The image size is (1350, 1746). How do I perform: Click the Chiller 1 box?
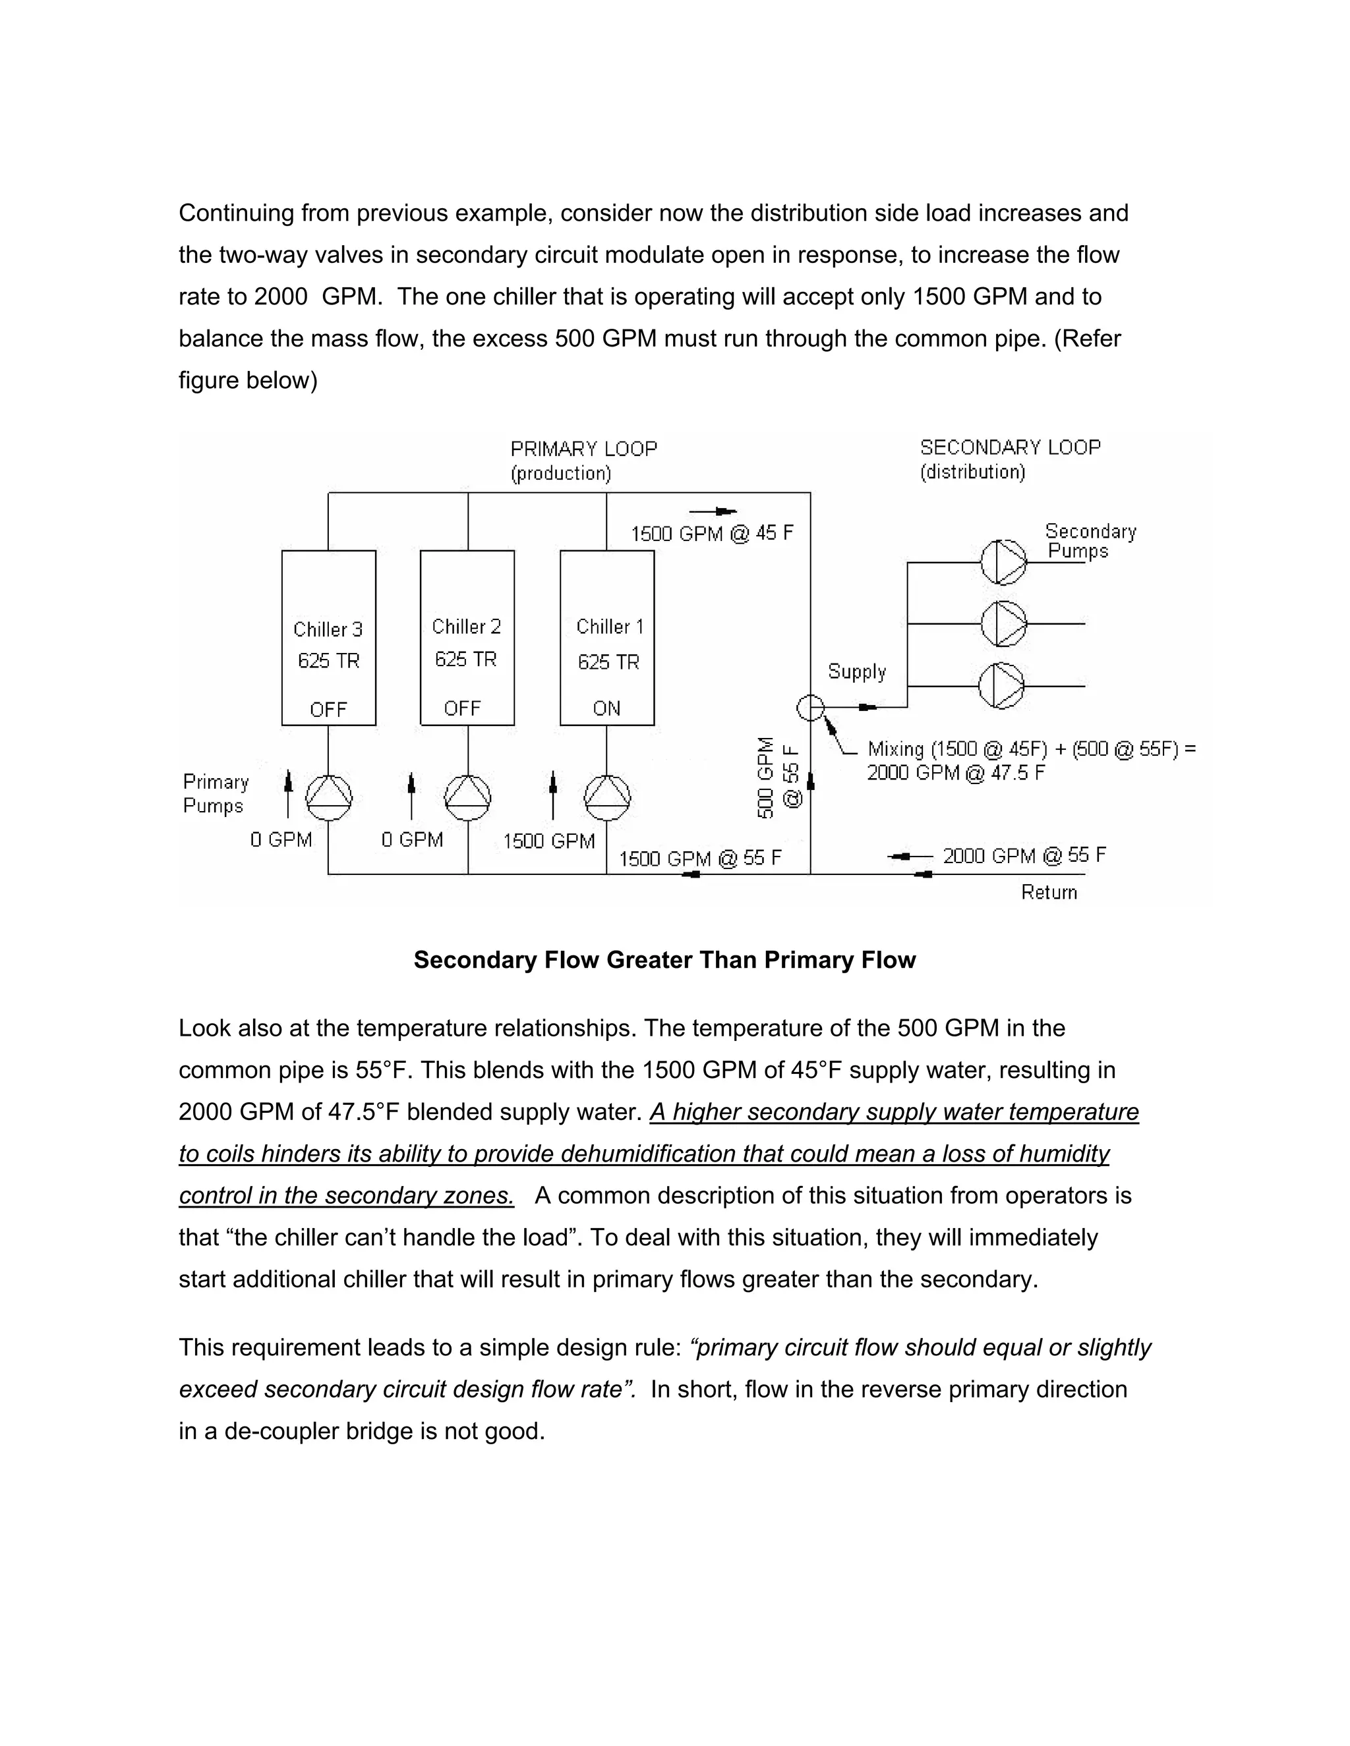click(607, 637)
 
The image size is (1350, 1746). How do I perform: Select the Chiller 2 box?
click(467, 637)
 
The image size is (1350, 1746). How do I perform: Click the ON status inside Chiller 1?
click(606, 708)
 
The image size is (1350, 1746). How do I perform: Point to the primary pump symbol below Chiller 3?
click(328, 797)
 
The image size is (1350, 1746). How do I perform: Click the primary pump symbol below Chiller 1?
click(607, 797)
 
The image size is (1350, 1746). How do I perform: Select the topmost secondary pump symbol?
click(1003, 562)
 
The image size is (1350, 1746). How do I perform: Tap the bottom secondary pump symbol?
click(1001, 685)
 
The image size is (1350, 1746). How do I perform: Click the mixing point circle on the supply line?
click(810, 708)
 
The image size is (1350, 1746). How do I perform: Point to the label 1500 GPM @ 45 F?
click(712, 533)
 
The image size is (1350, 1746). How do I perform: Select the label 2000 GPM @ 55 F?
click(1024, 855)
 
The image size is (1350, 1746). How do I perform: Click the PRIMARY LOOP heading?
click(584, 449)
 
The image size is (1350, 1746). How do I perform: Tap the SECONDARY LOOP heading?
click(1010, 447)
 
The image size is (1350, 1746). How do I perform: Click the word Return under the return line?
click(1049, 892)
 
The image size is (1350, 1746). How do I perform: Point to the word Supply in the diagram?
click(856, 671)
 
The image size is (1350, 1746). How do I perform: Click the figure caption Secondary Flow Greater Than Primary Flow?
click(664, 960)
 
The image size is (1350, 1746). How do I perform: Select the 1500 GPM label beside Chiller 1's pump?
click(548, 841)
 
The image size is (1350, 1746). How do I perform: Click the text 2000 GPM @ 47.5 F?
click(956, 773)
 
